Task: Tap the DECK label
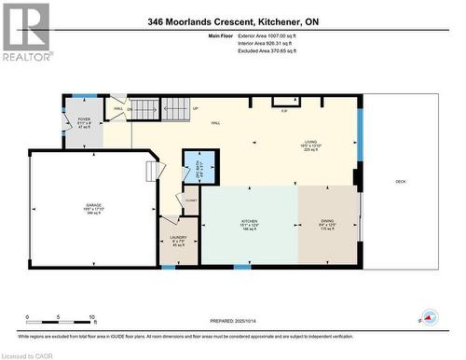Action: (x=400, y=182)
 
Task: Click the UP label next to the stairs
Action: (x=196, y=109)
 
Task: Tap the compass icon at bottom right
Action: (x=430, y=318)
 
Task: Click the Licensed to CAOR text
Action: (x=28, y=353)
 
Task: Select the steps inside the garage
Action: (x=155, y=173)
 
